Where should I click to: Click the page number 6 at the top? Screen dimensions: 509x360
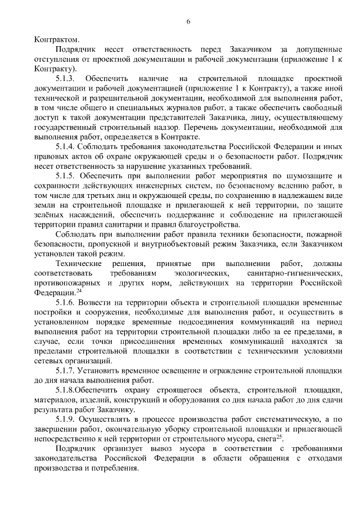188,21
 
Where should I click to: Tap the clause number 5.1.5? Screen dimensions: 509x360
67,176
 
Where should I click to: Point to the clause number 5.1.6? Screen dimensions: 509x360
67,303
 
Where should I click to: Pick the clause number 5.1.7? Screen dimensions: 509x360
67,372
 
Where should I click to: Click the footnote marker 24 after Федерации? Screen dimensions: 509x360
79,291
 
